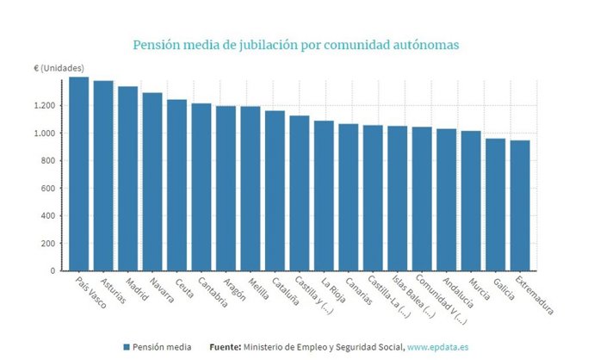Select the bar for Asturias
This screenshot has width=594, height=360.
coord(103,176)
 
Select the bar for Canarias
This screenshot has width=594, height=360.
coord(349,197)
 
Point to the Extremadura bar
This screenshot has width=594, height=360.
coord(520,206)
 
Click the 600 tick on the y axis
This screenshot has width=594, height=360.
coord(49,189)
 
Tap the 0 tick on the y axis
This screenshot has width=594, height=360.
coord(53,271)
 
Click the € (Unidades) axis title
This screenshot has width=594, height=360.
coord(59,68)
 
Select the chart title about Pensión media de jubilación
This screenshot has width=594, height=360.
coord(296,43)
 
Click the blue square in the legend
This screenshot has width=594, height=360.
coord(127,346)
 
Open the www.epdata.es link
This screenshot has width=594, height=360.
coord(438,346)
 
